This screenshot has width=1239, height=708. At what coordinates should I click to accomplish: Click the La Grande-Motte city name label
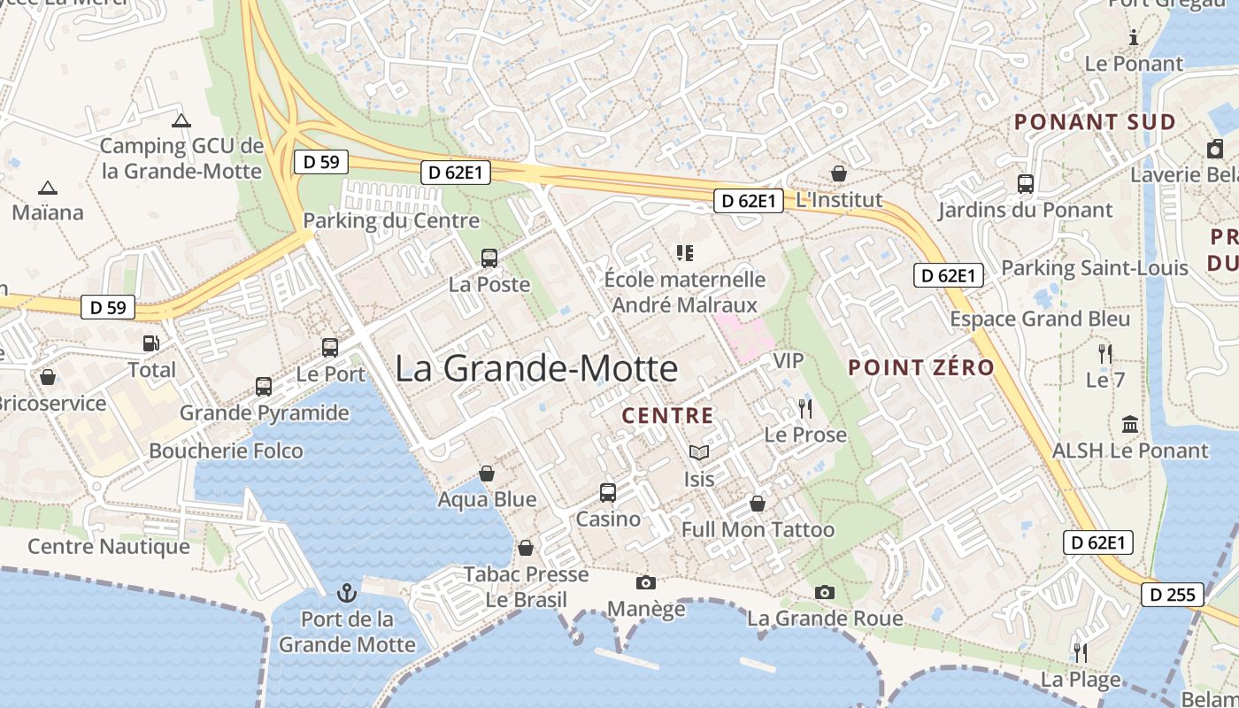pos(536,368)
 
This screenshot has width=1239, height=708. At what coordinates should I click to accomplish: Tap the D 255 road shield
pos(1173,595)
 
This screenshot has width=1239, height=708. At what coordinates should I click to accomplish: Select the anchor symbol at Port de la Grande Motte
pos(347,592)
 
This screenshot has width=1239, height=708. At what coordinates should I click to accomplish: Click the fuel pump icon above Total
pos(151,342)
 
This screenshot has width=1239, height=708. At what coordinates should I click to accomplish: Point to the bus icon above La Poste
pos(489,258)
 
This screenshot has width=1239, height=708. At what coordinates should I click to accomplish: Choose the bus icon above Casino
pos(608,493)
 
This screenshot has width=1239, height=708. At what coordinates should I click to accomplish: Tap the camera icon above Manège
pos(646,582)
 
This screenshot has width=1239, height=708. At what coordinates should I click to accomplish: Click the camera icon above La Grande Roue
pos(825,592)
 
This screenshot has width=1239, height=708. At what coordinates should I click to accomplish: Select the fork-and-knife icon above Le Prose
pos(804,408)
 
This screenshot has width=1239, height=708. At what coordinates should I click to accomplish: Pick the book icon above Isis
pos(699,453)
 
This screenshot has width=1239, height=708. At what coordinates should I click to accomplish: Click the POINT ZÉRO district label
pos(921,367)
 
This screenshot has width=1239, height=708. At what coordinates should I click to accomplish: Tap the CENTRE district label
pos(667,415)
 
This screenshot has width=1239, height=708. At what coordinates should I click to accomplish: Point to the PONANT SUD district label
pos(1095,122)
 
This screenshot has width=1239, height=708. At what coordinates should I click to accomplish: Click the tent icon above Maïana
pos(48,188)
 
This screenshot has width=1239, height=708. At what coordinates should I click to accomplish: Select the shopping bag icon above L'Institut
pos(838,173)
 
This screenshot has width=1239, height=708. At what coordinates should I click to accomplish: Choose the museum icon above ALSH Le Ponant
pos(1130,425)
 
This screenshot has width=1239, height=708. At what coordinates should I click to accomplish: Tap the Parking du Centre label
pos(391,220)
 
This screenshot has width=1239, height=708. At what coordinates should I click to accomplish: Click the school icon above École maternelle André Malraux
pos(684,253)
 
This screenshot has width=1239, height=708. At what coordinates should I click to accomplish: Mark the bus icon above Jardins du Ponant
pos(1025,184)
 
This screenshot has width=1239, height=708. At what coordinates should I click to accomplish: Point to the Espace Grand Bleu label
pos(1040,319)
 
